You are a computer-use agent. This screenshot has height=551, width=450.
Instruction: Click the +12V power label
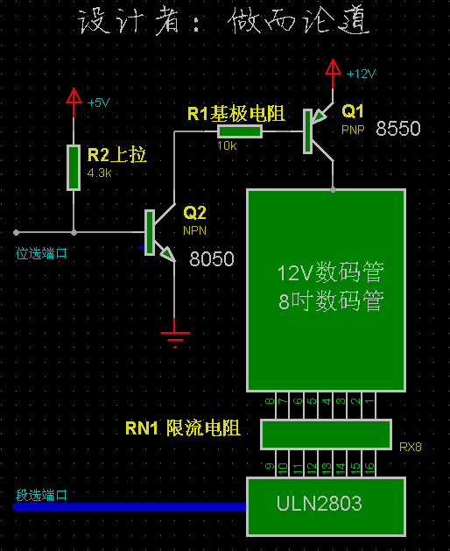(x=361, y=74)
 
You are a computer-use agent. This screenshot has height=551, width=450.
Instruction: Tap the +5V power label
(x=98, y=102)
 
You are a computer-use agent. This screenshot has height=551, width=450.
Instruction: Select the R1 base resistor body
(x=240, y=131)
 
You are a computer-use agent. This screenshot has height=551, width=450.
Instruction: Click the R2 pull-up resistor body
(x=74, y=167)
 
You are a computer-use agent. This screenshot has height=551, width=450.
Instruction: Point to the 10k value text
(x=227, y=145)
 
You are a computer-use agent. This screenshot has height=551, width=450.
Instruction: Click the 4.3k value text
(x=100, y=173)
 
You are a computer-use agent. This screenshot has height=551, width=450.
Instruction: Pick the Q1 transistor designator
(x=352, y=111)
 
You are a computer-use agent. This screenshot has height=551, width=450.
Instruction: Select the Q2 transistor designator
(x=194, y=213)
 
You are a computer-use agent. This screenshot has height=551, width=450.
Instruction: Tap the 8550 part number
(x=398, y=128)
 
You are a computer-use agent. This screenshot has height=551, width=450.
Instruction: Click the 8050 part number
(x=212, y=259)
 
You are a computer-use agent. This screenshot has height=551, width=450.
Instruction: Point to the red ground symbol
(x=175, y=336)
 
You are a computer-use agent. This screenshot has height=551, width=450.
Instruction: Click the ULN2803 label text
(x=319, y=503)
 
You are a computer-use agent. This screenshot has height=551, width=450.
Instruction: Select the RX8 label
(x=411, y=447)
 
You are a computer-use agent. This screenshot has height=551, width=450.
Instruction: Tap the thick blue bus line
(x=130, y=506)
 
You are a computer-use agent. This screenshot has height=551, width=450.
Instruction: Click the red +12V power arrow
(x=333, y=73)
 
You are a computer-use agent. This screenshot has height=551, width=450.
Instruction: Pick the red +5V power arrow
(x=74, y=102)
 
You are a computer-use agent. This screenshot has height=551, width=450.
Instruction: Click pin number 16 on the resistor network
(x=369, y=468)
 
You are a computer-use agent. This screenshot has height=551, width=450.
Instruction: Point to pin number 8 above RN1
(x=270, y=401)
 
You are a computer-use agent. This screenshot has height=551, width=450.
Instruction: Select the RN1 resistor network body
(x=326, y=434)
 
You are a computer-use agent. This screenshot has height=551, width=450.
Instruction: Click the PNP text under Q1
(x=353, y=130)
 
